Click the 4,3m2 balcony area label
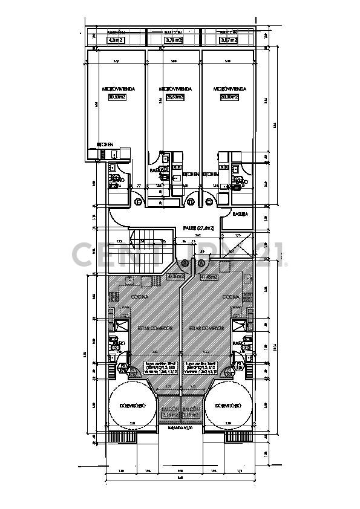[116, 41]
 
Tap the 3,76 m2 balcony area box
[174, 41]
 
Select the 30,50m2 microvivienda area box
[117, 97]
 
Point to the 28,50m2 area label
[175, 97]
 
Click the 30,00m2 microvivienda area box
[229, 97]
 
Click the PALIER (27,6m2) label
[200, 228]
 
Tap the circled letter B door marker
[186, 263]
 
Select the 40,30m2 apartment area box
[175, 277]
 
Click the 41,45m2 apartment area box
[208, 277]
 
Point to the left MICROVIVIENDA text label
[118, 89]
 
